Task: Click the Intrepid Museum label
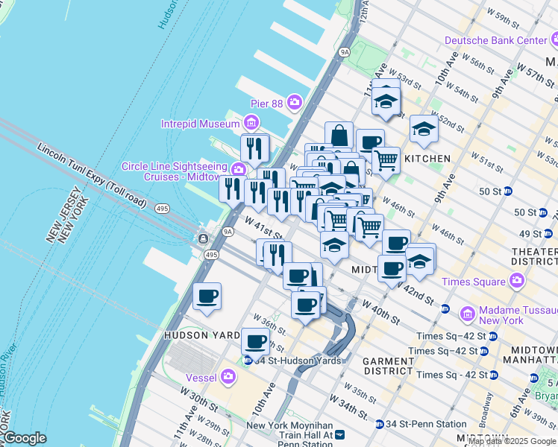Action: tap(201, 124)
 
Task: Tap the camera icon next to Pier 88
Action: tap(295, 101)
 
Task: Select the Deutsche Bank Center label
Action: tap(496, 40)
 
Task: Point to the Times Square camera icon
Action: tap(516, 282)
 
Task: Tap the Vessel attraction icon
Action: tap(228, 378)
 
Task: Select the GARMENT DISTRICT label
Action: tap(388, 366)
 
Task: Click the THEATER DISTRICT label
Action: tap(534, 257)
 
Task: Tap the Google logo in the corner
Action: tap(24, 438)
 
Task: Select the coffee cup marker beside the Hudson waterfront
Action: tap(207, 296)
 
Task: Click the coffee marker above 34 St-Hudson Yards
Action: tap(255, 342)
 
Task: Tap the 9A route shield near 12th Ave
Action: tap(344, 52)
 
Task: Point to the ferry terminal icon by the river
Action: tap(203, 238)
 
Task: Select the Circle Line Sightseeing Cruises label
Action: tap(178, 172)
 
